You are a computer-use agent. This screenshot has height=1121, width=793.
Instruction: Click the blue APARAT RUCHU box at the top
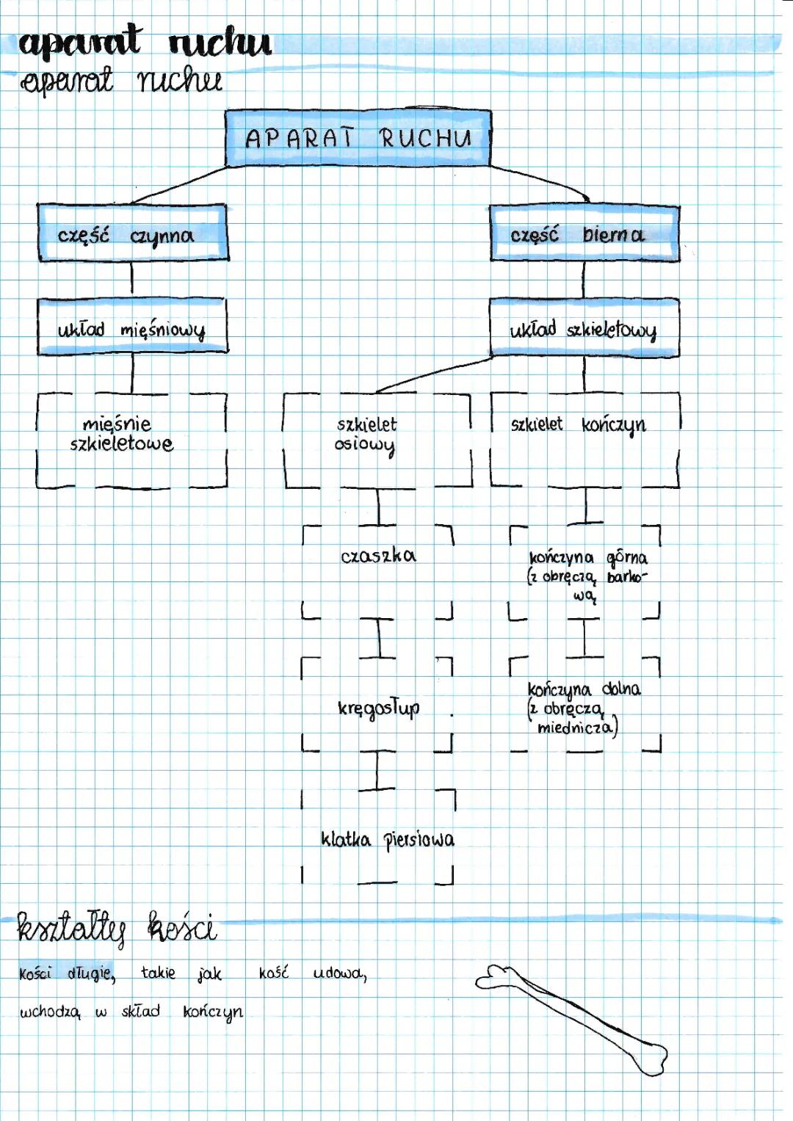(358, 138)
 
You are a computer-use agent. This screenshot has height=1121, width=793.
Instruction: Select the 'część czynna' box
(133, 234)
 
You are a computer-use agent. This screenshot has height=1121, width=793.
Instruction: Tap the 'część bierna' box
(584, 234)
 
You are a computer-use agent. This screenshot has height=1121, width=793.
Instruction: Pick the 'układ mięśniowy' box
(132, 328)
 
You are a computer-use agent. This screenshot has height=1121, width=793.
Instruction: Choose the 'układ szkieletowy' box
(584, 329)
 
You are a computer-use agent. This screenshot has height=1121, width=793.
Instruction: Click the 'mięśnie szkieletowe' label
(121, 434)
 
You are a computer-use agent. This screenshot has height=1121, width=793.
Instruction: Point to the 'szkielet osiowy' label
(366, 435)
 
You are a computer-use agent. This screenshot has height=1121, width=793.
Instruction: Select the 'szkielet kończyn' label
(579, 424)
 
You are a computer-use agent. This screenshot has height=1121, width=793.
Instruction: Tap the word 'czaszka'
(378, 556)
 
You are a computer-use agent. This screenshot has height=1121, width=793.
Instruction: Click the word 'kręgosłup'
(379, 708)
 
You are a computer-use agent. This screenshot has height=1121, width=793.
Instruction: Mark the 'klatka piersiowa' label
(388, 839)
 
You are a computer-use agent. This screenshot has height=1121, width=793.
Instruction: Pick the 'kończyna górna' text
(588, 558)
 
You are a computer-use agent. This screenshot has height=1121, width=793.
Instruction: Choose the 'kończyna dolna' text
(584, 689)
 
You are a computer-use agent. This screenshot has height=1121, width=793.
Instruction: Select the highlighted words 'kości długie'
(67, 973)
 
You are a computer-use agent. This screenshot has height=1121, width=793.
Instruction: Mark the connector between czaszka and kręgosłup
(379, 637)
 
